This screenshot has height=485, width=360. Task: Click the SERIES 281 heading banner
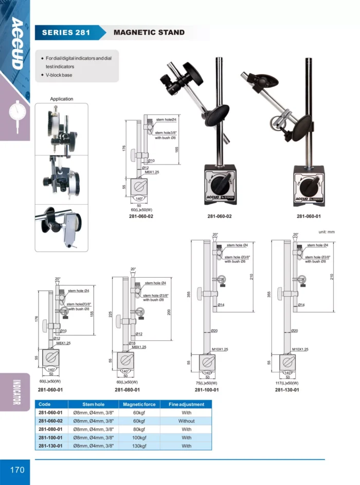coord(66,32)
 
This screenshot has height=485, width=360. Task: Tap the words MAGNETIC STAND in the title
coord(149,32)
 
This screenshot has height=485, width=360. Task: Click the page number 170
coord(17,470)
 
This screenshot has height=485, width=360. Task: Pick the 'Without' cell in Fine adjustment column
coord(186,421)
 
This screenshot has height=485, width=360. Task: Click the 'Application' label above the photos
coord(62,99)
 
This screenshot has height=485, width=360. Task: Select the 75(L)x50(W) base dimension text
coord(205,383)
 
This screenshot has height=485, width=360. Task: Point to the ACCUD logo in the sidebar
coord(16,43)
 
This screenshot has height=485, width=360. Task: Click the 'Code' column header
coord(44,404)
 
